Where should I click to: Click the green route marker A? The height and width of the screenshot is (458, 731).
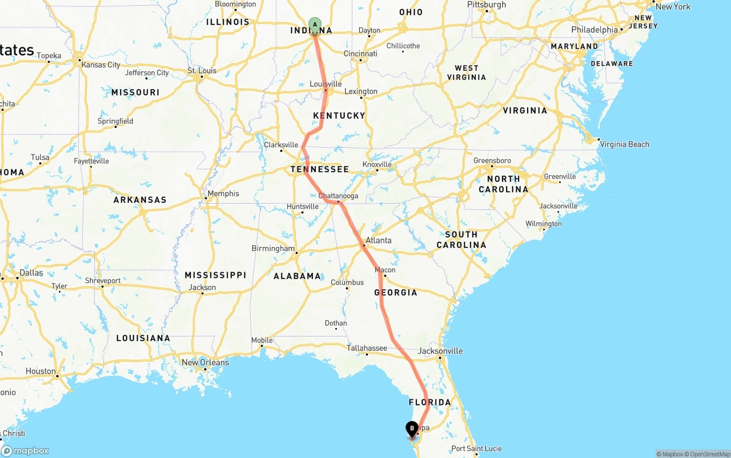click(315, 25)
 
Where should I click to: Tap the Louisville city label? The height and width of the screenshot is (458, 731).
click(326, 84)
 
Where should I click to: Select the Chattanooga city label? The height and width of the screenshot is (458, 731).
click(338, 196)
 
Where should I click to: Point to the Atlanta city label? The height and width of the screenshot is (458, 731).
click(379, 240)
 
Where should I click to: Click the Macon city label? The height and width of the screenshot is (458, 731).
click(385, 270)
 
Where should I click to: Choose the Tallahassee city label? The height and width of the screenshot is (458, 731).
click(367, 348)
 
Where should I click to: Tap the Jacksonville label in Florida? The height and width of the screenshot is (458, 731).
click(440, 351)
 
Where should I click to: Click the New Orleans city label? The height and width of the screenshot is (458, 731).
click(205, 362)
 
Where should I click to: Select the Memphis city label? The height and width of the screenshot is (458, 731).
click(223, 193)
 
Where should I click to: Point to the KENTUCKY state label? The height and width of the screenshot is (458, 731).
click(339, 115)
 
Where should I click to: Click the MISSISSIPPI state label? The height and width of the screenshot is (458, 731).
click(215, 275)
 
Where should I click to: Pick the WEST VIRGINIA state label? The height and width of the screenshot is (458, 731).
click(467, 72)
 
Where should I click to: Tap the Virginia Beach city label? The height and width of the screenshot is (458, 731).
click(624, 144)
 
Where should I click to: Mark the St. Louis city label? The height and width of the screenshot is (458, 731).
click(202, 71)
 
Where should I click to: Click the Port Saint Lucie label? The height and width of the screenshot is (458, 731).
click(476, 448)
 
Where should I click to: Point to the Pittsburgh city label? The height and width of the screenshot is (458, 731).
click(487, 5)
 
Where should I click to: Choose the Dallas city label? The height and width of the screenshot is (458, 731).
click(31, 273)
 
